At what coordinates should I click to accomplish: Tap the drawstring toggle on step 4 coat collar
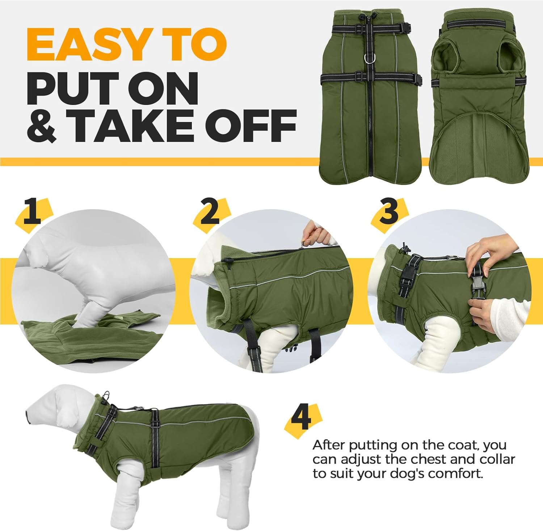[106, 396]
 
